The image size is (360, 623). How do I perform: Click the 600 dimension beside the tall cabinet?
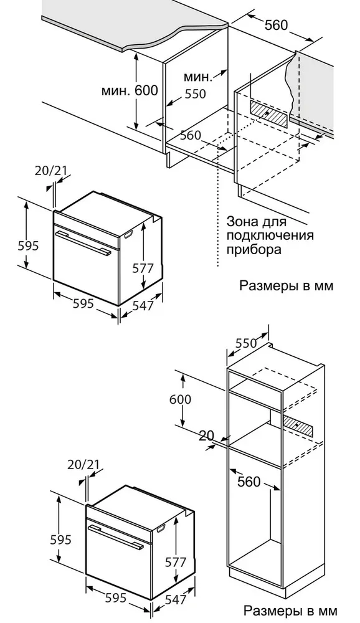[x=180, y=399]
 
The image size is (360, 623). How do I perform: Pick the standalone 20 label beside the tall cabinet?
[x=207, y=436]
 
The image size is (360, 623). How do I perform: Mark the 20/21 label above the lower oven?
[x=83, y=464]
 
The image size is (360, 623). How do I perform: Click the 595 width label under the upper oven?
[x=83, y=303]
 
